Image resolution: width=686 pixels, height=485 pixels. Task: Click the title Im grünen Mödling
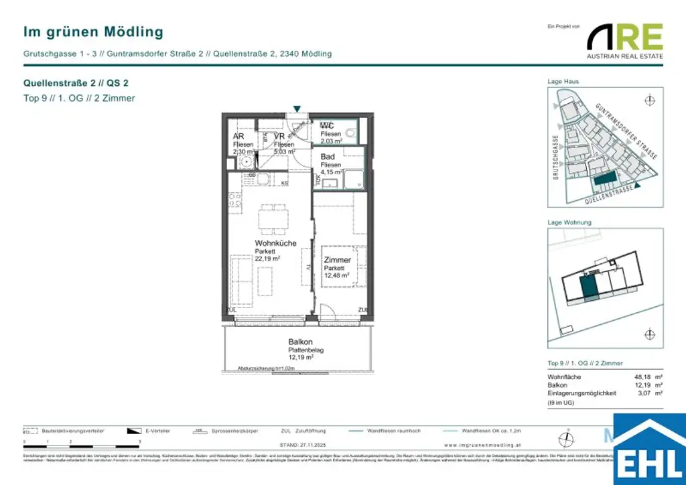(93, 31)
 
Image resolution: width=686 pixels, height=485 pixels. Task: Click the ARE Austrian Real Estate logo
(625, 40)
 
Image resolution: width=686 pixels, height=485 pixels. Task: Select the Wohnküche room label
(275, 243)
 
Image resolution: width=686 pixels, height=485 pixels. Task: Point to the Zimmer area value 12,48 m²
(337, 275)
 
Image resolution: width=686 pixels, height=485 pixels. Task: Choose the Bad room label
(328, 157)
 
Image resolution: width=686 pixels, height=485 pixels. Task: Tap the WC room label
(327, 126)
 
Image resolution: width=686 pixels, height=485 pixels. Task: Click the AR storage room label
(238, 136)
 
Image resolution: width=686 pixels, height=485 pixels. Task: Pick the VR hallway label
(279, 136)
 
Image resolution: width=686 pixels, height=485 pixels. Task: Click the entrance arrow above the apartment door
(297, 109)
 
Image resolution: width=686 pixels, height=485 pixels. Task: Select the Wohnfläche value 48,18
(642, 377)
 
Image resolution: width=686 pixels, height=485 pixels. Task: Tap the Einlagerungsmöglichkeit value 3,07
(644, 393)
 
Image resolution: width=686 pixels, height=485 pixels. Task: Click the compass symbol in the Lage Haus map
(648, 100)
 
